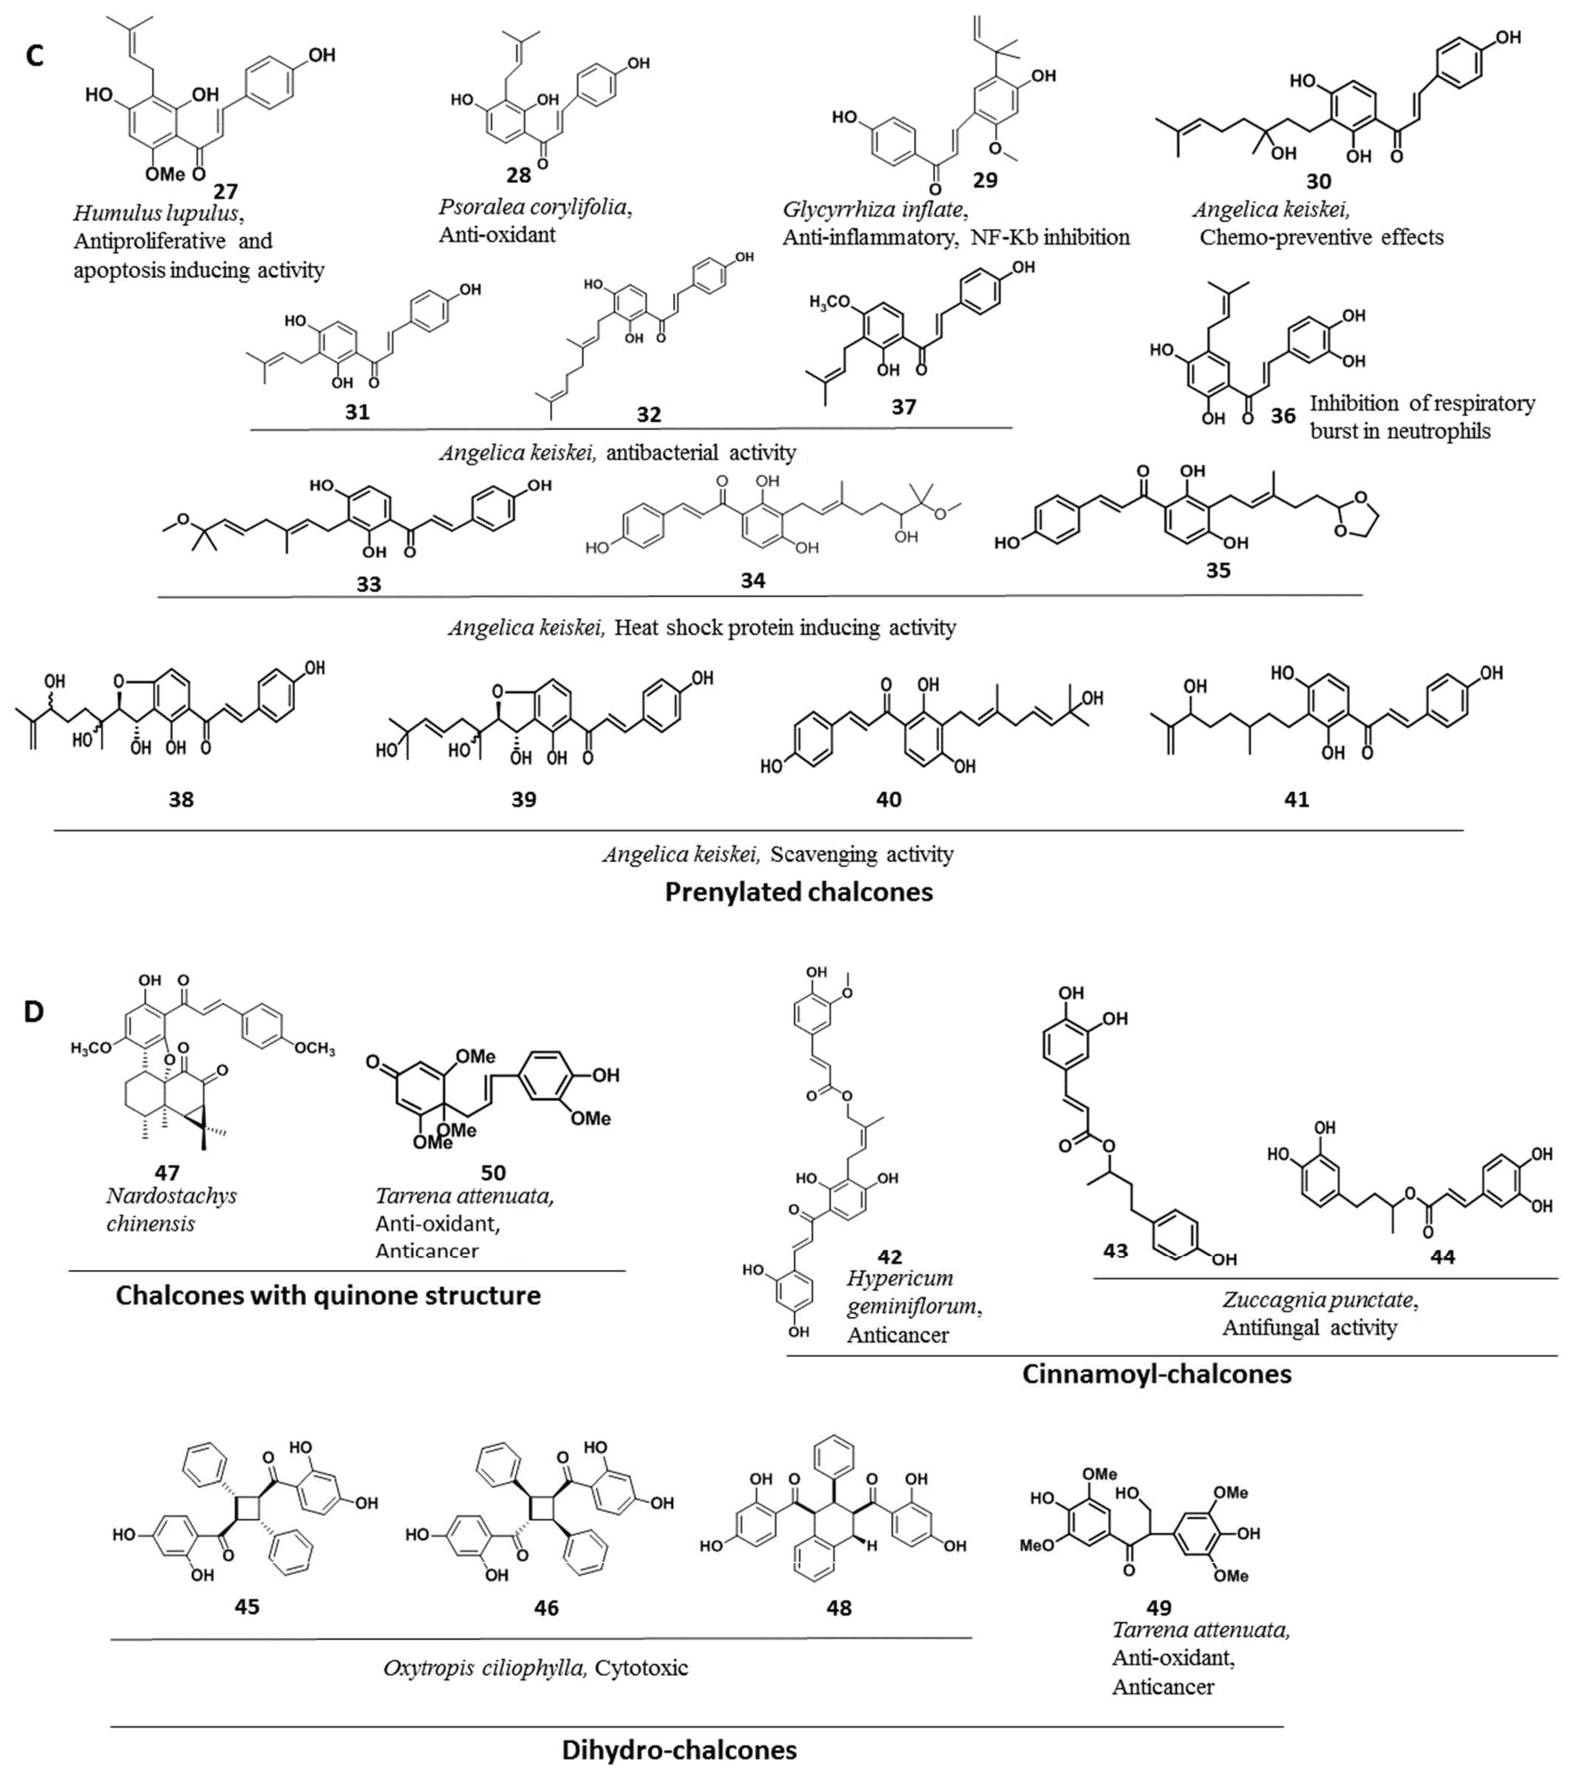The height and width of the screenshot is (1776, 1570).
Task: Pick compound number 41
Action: tap(1296, 799)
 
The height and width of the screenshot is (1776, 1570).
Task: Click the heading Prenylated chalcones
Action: tap(798, 892)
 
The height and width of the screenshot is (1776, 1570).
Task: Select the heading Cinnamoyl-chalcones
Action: tap(1156, 1374)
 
